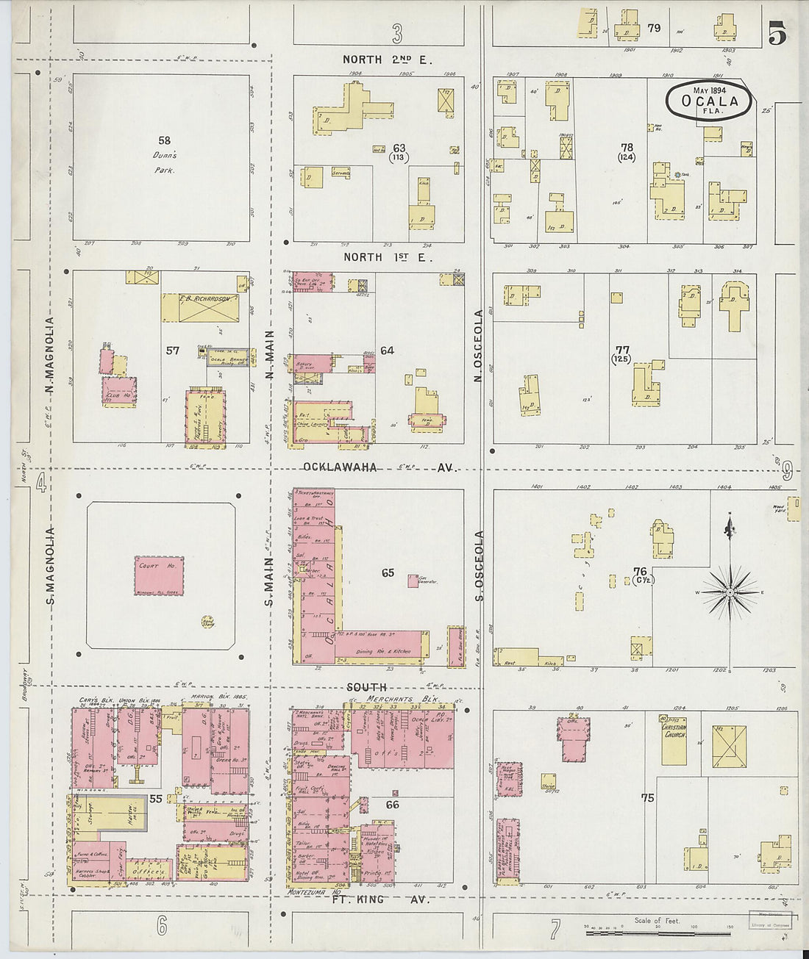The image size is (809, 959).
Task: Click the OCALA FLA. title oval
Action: click(x=710, y=101)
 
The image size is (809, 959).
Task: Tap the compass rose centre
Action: click(x=729, y=592)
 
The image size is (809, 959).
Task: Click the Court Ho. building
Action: click(x=159, y=574)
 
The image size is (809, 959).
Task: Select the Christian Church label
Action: click(x=674, y=728)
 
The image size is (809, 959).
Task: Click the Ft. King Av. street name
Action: click(x=377, y=899)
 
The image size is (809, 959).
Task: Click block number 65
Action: click(x=388, y=572)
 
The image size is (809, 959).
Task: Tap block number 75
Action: click(x=647, y=798)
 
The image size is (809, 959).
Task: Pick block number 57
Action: click(x=172, y=351)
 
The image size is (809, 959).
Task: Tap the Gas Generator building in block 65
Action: click(x=414, y=580)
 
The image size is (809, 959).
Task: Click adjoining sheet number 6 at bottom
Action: click(x=160, y=926)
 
